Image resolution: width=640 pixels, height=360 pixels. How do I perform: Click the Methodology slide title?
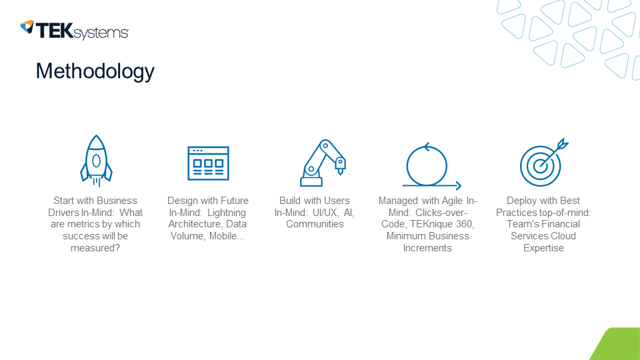[x=95, y=71]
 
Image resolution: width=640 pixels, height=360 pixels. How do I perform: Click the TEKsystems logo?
[x=74, y=30]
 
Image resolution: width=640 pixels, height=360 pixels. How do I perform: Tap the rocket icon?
[x=96, y=161]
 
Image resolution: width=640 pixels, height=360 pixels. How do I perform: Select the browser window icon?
[x=208, y=163]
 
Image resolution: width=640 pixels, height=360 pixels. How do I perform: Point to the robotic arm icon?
[x=323, y=163]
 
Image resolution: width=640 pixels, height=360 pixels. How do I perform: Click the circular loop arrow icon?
[x=427, y=165]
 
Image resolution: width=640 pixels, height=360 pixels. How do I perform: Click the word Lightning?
[x=227, y=213]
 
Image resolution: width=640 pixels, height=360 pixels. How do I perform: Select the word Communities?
[x=315, y=224]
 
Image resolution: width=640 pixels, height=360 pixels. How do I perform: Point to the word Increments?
[x=427, y=248]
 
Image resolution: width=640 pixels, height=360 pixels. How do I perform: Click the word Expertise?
[x=543, y=248]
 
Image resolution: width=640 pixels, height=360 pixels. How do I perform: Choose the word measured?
[x=95, y=248]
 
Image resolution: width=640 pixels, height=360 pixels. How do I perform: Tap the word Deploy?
[x=522, y=201]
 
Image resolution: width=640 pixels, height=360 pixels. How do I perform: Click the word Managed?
[x=399, y=201]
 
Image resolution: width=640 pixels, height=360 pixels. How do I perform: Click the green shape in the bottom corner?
[x=617, y=345]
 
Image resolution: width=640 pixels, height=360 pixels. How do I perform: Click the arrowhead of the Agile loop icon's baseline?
[x=459, y=186]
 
